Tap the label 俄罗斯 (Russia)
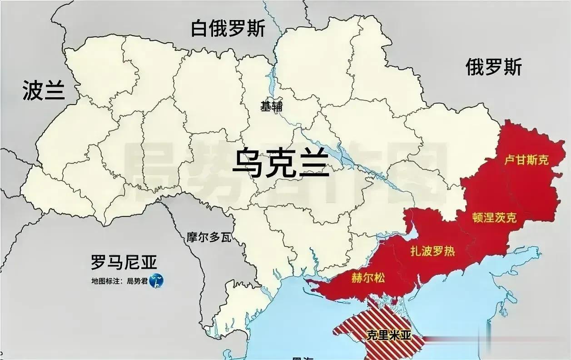[x=494, y=67]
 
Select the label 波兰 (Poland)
[x=44, y=90]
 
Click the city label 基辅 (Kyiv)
[x=271, y=107]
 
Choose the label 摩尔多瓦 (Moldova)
[x=209, y=237]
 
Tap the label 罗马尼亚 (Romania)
[x=124, y=262]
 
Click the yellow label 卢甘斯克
[x=526, y=160]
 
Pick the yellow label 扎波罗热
[x=432, y=251]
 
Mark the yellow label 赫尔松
[x=367, y=277]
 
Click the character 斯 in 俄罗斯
[x=512, y=67]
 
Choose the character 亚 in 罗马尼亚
[x=148, y=262]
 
